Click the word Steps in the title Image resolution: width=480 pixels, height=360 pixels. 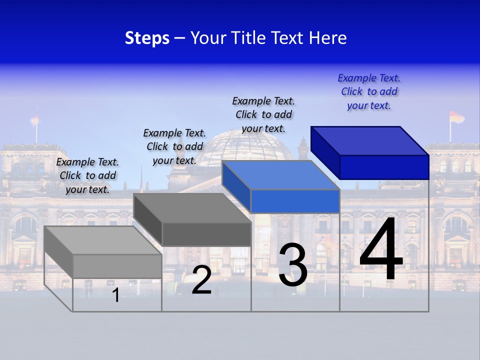click(147, 38)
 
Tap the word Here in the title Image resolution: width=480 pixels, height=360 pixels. click(328, 38)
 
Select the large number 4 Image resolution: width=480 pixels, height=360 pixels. click(381, 250)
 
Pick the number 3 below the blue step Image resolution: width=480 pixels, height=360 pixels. click(293, 265)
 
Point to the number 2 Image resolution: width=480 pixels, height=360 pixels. click(201, 280)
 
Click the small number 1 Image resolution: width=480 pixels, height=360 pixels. click(115, 295)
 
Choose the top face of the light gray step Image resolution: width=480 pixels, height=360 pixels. click(103, 240)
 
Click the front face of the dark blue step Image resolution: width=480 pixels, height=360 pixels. click(384, 167)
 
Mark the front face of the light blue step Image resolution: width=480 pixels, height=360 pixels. click(295, 201)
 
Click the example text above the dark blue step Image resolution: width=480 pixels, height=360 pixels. click(369, 92)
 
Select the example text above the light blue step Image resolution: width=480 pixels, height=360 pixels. click(263, 114)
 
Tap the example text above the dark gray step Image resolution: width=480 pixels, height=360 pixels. click(174, 146)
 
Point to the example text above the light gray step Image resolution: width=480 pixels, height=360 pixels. click(87, 175)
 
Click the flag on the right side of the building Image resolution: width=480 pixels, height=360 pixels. click(456, 117)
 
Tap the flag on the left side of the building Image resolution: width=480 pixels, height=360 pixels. click(34, 119)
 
